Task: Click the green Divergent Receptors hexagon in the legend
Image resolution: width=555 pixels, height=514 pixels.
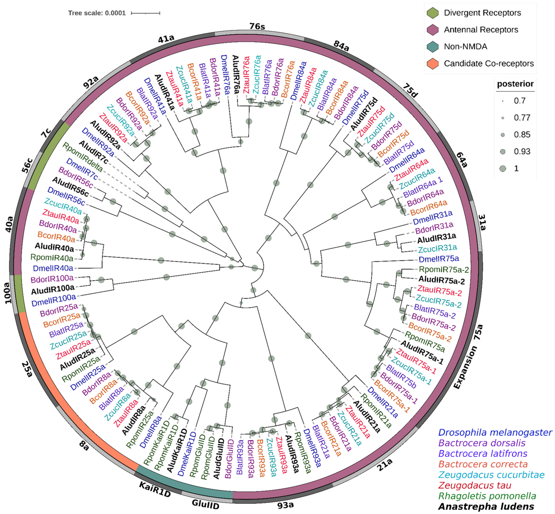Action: (x=432, y=13)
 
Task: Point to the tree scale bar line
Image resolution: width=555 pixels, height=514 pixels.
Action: (x=145, y=13)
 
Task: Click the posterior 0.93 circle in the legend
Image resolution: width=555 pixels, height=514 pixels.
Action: (x=503, y=152)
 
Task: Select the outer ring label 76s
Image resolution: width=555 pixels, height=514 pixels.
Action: (x=257, y=27)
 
